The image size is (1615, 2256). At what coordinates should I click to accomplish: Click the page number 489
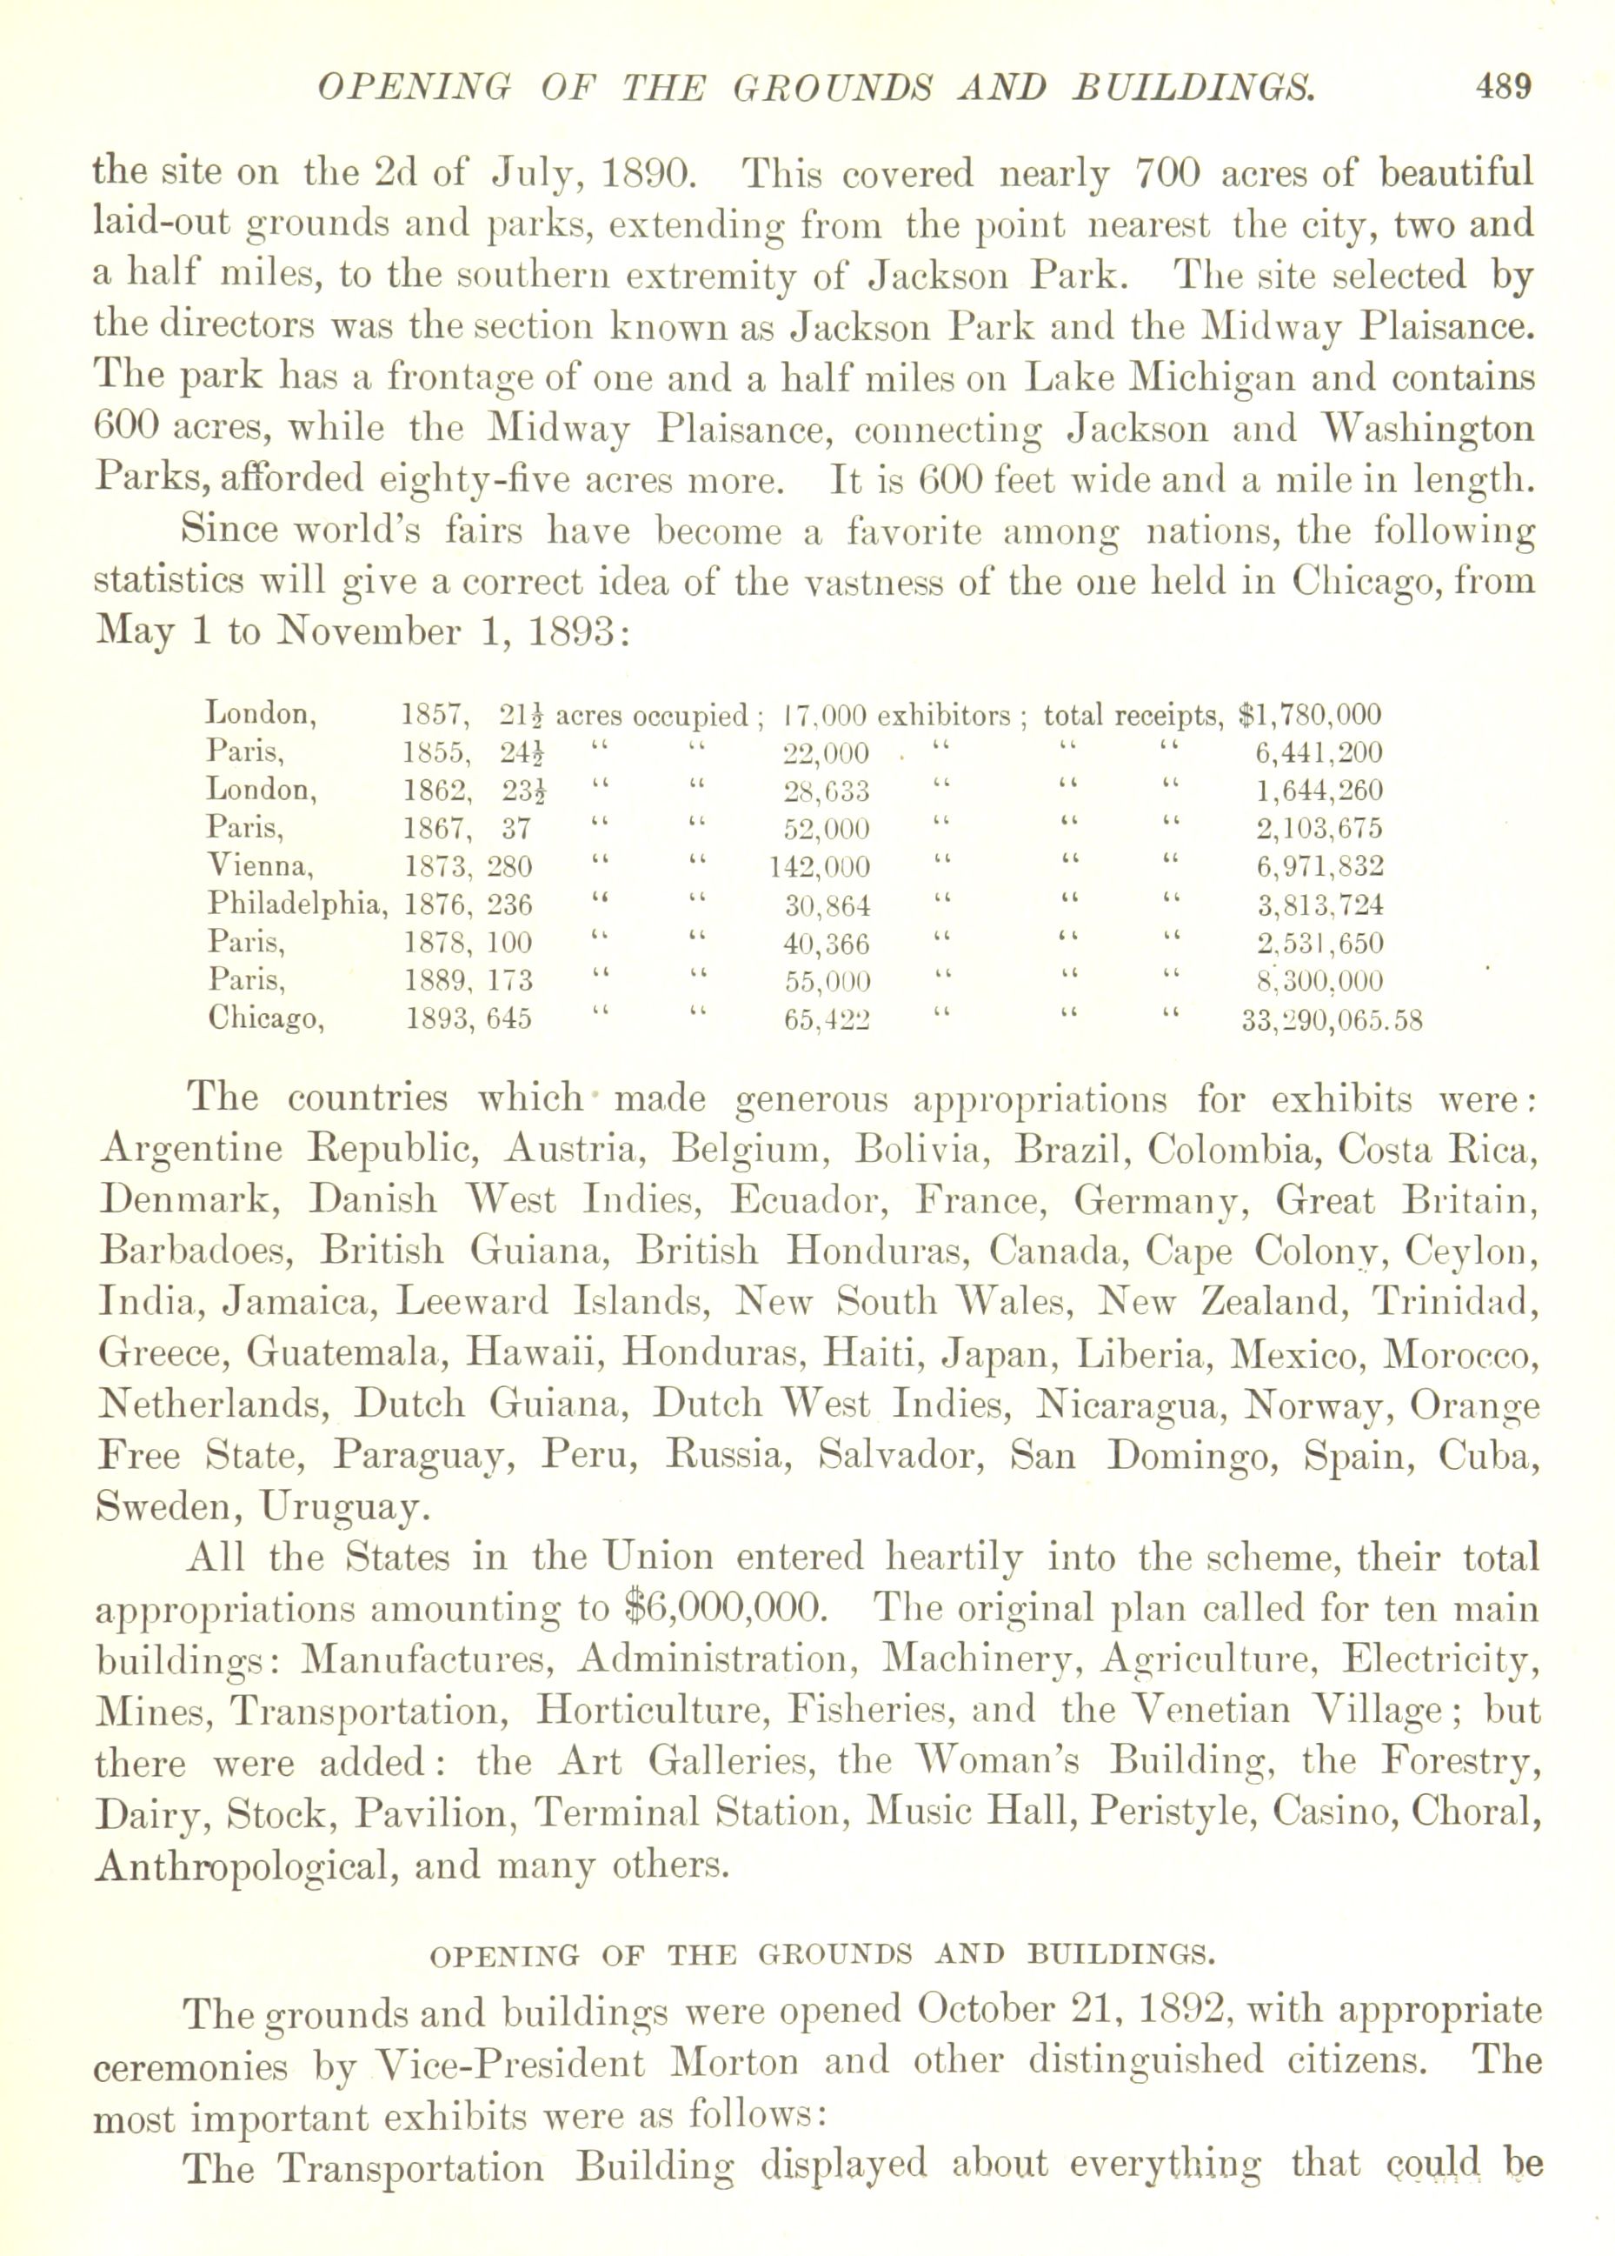1504,88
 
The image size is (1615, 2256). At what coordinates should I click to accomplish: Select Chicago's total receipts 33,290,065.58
1332,1019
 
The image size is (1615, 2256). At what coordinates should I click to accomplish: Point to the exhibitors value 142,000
820,866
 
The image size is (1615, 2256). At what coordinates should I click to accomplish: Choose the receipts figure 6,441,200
1319,752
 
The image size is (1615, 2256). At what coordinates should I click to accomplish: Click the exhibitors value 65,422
827,1019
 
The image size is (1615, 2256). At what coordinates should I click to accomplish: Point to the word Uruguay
344,1507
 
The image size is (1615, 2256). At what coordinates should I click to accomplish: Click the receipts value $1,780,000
1310,714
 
